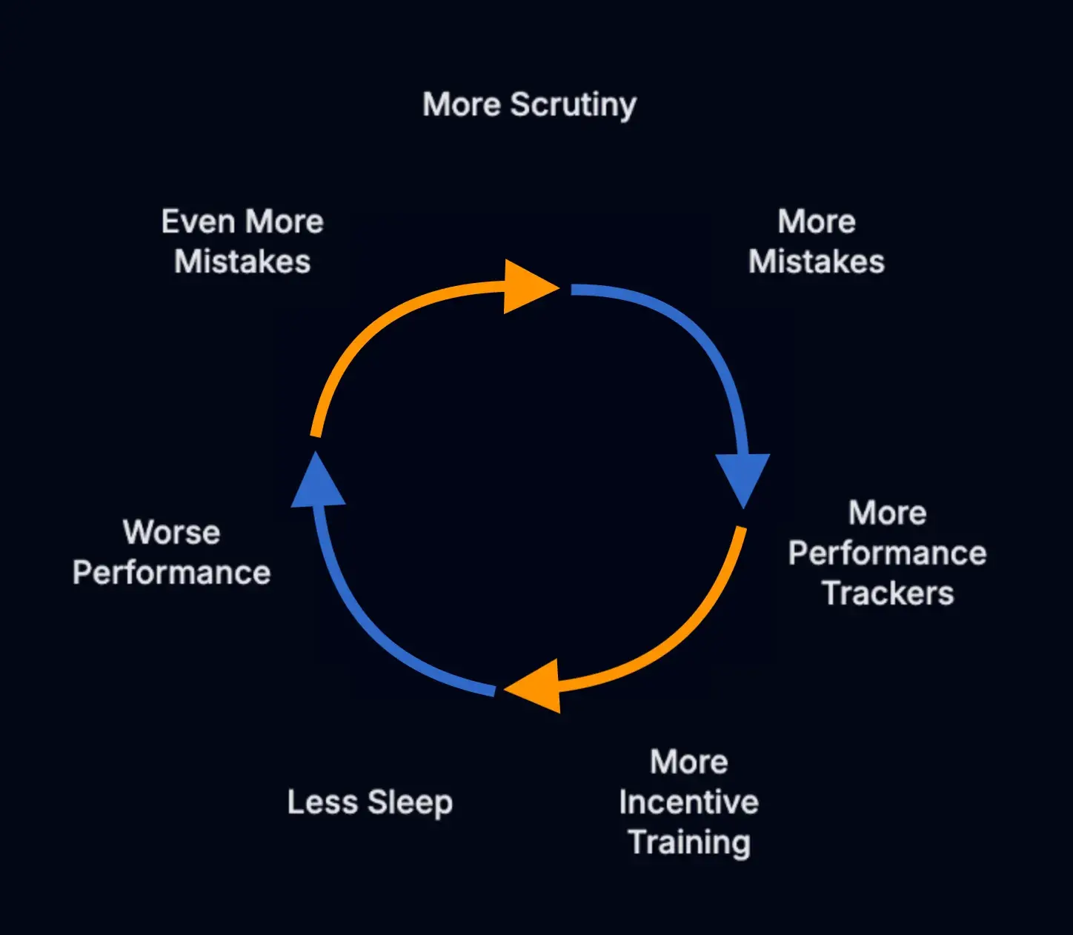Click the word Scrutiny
click(x=574, y=105)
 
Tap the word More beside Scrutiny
click(x=462, y=104)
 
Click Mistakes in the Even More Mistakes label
click(x=242, y=262)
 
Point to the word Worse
click(x=171, y=532)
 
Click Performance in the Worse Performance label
click(x=171, y=573)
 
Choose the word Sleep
click(x=410, y=802)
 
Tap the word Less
click(x=322, y=802)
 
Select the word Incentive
click(x=688, y=802)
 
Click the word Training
click(x=689, y=842)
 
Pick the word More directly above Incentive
click(x=689, y=762)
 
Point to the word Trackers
click(x=888, y=593)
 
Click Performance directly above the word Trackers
click(x=887, y=553)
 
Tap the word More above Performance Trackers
click(x=887, y=513)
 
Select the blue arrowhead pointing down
click(x=743, y=477)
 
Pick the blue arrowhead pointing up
click(x=318, y=484)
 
